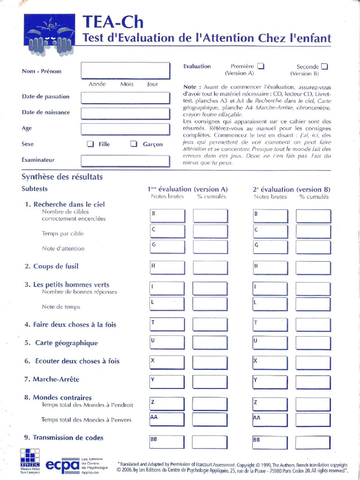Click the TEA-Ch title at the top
click(112, 22)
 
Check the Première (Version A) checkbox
click(261, 67)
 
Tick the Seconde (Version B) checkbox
click(324, 67)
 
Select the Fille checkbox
click(90, 144)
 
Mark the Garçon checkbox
click(134, 144)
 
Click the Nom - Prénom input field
click(125, 70)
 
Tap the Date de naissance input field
click(125, 113)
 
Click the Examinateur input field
click(125, 161)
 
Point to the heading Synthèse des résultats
click(62, 177)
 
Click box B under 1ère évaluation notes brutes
click(167, 216)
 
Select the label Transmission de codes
click(67, 437)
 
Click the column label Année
click(97, 84)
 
